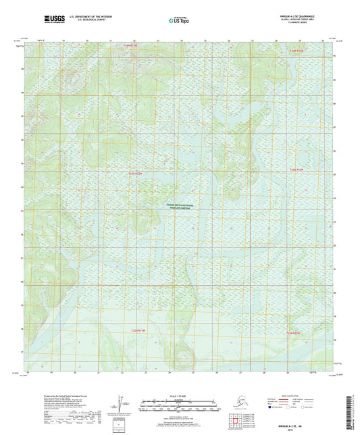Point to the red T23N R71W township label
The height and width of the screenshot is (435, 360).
(297, 169)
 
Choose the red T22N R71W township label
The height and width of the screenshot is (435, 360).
(292, 333)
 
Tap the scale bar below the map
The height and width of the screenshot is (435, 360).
(180, 407)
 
